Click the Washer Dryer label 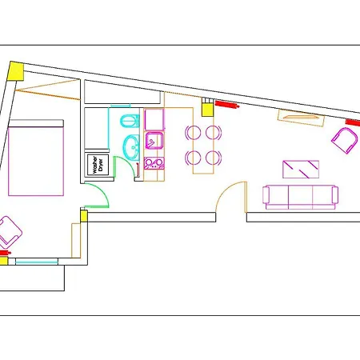click(x=98, y=165)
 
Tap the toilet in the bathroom click(x=130, y=121)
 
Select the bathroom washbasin click(x=132, y=147)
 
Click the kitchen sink click(x=154, y=140)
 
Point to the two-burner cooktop click(x=154, y=163)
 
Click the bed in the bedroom click(x=36, y=158)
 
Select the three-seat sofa click(x=300, y=198)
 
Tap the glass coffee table click(x=301, y=169)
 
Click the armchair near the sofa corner click(x=345, y=140)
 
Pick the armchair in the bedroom click(x=10, y=230)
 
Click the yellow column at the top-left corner click(x=16, y=71)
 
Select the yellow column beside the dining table click(x=207, y=110)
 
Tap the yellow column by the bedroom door click(x=84, y=216)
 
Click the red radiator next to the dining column click(x=227, y=104)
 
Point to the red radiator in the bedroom click(x=5, y=253)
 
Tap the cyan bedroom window click(x=37, y=262)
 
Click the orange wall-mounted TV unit click(x=301, y=118)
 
